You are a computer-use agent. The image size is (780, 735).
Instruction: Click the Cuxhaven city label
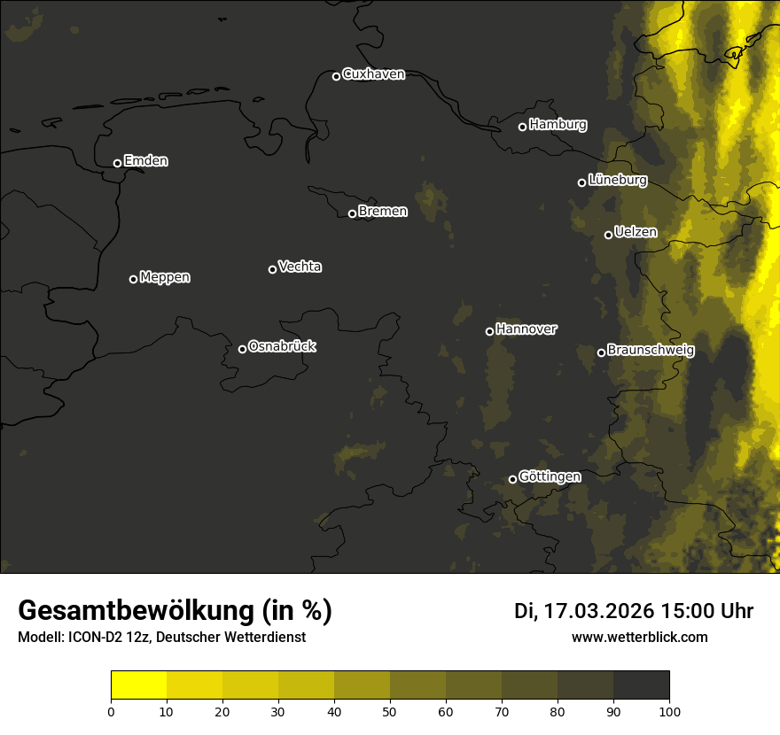[x=373, y=74]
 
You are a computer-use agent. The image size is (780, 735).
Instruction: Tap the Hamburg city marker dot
[x=522, y=127]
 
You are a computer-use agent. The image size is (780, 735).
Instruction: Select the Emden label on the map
[x=145, y=161]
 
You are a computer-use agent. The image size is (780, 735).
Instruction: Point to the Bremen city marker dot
[x=352, y=213]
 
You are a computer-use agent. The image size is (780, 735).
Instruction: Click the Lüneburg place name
[x=617, y=181]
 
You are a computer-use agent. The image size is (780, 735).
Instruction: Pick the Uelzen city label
[x=636, y=233]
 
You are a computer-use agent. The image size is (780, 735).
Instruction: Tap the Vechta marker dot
[x=272, y=269]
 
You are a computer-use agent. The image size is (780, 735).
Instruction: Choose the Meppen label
[x=165, y=277]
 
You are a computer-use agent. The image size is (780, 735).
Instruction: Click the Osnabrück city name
[x=282, y=347]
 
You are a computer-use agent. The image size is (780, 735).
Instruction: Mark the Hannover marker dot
[x=489, y=331]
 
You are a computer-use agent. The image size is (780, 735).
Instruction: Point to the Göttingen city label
[x=550, y=477]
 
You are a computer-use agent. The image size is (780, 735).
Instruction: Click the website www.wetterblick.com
[x=639, y=637]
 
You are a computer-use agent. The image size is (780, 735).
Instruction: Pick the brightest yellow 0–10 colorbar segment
[x=138, y=685]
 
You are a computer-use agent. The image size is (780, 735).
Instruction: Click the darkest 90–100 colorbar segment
[x=641, y=685]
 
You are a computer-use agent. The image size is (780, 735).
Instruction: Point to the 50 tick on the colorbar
[x=390, y=710]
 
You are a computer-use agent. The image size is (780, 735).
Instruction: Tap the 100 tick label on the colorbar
[x=669, y=710]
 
